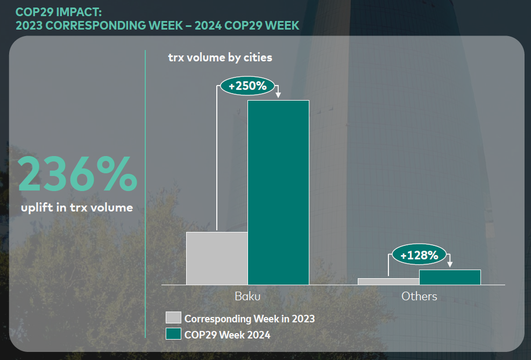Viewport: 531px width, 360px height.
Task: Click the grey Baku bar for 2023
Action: click(217, 258)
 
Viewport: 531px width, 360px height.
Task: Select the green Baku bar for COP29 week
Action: click(278, 192)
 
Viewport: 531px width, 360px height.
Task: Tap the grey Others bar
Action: click(388, 281)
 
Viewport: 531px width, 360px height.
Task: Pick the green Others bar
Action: click(450, 277)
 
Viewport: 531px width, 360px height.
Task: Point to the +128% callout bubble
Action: click(420, 255)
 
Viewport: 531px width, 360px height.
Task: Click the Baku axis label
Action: click(247, 296)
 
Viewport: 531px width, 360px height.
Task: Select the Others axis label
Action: click(419, 296)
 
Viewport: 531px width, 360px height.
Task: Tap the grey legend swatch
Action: click(173, 318)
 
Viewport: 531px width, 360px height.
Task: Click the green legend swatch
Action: click(173, 334)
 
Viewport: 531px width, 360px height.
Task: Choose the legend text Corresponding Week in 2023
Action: click(249, 319)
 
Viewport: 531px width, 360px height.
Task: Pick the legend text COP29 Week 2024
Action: click(227, 335)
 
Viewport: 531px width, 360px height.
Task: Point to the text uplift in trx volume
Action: click(77, 208)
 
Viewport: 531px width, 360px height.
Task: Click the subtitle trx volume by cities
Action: click(220, 57)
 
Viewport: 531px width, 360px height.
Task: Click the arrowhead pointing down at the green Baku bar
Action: click(278, 96)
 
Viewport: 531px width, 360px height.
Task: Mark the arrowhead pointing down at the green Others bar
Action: click(450, 265)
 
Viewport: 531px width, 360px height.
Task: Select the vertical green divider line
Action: click(145, 194)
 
